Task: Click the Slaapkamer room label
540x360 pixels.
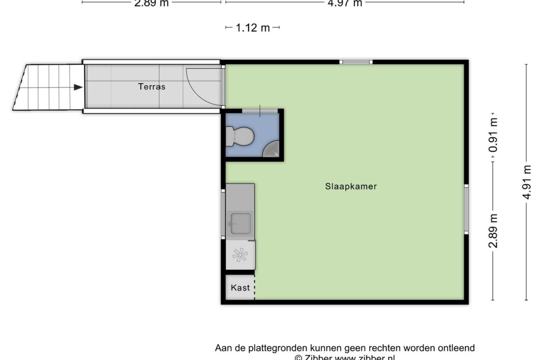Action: (x=351, y=186)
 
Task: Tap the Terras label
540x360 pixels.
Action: (x=152, y=87)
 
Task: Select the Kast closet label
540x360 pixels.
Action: (x=240, y=288)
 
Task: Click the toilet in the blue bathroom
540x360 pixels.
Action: (x=239, y=136)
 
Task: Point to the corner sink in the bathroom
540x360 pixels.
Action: (x=271, y=150)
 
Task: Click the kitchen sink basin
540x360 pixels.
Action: (x=241, y=223)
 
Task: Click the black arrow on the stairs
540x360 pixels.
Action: (x=78, y=87)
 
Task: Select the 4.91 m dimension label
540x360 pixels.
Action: (x=527, y=182)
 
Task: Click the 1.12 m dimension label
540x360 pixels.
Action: (x=253, y=28)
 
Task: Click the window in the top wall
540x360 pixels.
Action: (x=356, y=62)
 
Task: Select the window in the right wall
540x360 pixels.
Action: (x=466, y=209)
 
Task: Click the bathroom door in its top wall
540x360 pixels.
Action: (x=260, y=110)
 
